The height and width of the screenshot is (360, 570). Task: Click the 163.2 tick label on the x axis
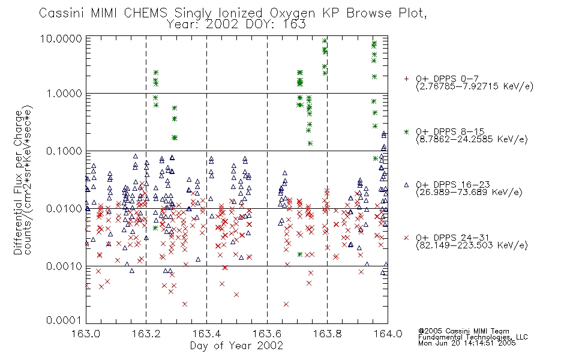coord(146,334)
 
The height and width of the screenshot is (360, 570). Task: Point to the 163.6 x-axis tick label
coord(267,334)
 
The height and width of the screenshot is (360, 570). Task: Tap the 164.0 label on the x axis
coord(388,334)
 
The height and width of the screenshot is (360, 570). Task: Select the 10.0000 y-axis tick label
coord(61,38)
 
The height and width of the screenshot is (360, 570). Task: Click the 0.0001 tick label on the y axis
coord(64,320)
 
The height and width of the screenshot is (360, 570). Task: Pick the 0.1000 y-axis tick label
coord(64,151)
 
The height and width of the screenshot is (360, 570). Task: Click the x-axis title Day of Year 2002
coord(236,346)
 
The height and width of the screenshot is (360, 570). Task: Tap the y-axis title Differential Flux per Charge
coord(18,182)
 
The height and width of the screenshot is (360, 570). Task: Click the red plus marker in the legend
coord(406,79)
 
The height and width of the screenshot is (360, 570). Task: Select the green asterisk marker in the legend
coord(406,131)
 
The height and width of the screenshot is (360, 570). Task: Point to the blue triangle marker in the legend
coord(406,185)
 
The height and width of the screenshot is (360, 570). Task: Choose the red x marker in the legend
coord(406,238)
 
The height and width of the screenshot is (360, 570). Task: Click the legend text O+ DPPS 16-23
coord(453,184)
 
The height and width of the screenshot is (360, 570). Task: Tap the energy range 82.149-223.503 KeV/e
coord(472,245)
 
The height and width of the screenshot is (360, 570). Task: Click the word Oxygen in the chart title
coord(292,13)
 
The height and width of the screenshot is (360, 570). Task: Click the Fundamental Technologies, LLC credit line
coord(473,337)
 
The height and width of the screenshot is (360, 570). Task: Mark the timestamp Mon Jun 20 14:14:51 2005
coord(467,343)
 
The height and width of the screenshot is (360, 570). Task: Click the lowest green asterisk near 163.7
coord(299,254)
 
